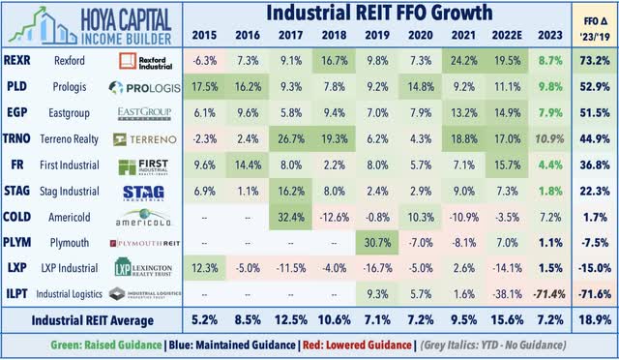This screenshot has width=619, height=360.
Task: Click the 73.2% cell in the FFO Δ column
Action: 593,61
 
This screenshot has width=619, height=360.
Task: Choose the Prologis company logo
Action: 143,87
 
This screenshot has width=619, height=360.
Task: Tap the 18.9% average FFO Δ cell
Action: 593,320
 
